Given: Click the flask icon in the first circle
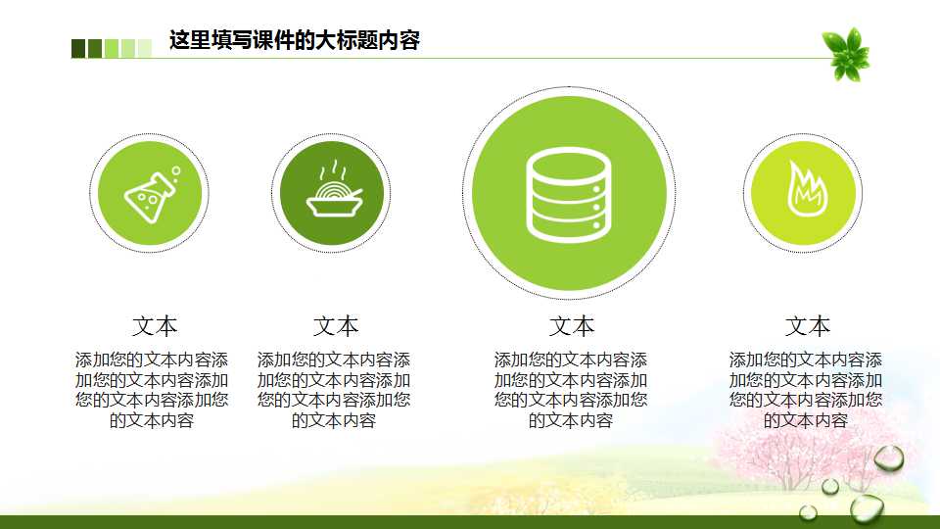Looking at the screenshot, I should point(150,194).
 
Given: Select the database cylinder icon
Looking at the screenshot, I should point(569,194).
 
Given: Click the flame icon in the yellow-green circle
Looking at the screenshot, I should point(803,190).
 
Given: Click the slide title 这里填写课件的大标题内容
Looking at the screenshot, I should point(294,41).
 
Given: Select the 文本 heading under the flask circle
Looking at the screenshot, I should point(155,326).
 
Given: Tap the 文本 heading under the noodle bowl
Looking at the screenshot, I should point(336,326).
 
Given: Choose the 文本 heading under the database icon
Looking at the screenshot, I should point(572,326).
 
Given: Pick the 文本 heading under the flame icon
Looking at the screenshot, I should point(807,326).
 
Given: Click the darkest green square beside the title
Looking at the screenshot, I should point(78,48).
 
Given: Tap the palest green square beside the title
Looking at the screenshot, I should point(145,48).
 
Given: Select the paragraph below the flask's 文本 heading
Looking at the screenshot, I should point(152,390).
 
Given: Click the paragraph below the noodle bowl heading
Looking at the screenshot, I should point(334,390).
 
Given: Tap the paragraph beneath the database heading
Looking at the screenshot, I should point(571,390).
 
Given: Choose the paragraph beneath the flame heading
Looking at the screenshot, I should point(806,390).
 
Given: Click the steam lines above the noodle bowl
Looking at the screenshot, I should point(334,170).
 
